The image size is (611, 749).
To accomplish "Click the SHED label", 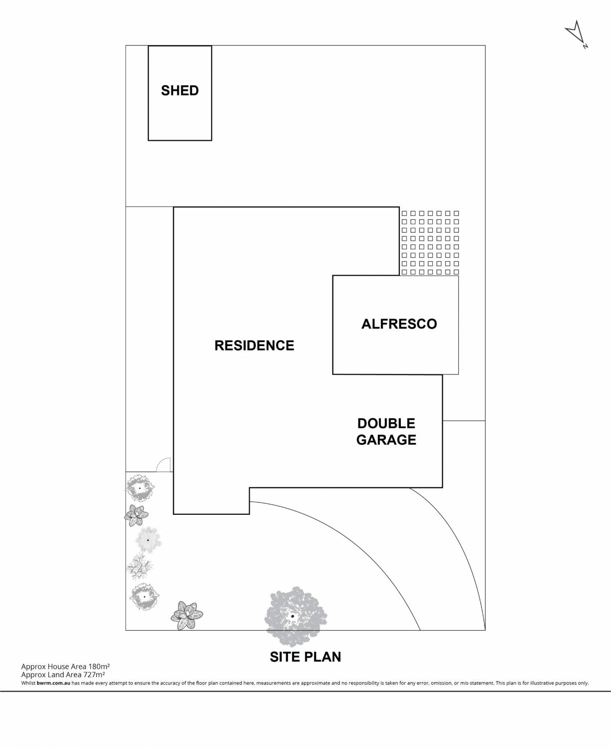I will point(180,90).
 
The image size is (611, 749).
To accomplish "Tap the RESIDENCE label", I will point(254,346).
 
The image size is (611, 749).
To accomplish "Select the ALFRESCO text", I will point(399,324).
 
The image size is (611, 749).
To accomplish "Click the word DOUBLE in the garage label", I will point(386,423).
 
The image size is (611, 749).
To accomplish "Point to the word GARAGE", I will point(386,440).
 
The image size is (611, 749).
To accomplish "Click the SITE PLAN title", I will point(305,657).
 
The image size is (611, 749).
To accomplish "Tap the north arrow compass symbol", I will point(576,33).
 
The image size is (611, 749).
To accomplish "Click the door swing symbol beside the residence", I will point(164,465).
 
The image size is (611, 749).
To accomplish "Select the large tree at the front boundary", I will point(293,615).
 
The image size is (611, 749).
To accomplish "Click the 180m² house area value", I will point(99,666).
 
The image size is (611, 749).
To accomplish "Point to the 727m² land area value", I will point(95,674).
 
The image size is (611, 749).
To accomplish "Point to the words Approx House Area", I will point(53,666).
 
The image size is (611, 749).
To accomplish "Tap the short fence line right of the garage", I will point(464,420).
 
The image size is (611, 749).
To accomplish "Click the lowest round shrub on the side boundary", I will point(144,596).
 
